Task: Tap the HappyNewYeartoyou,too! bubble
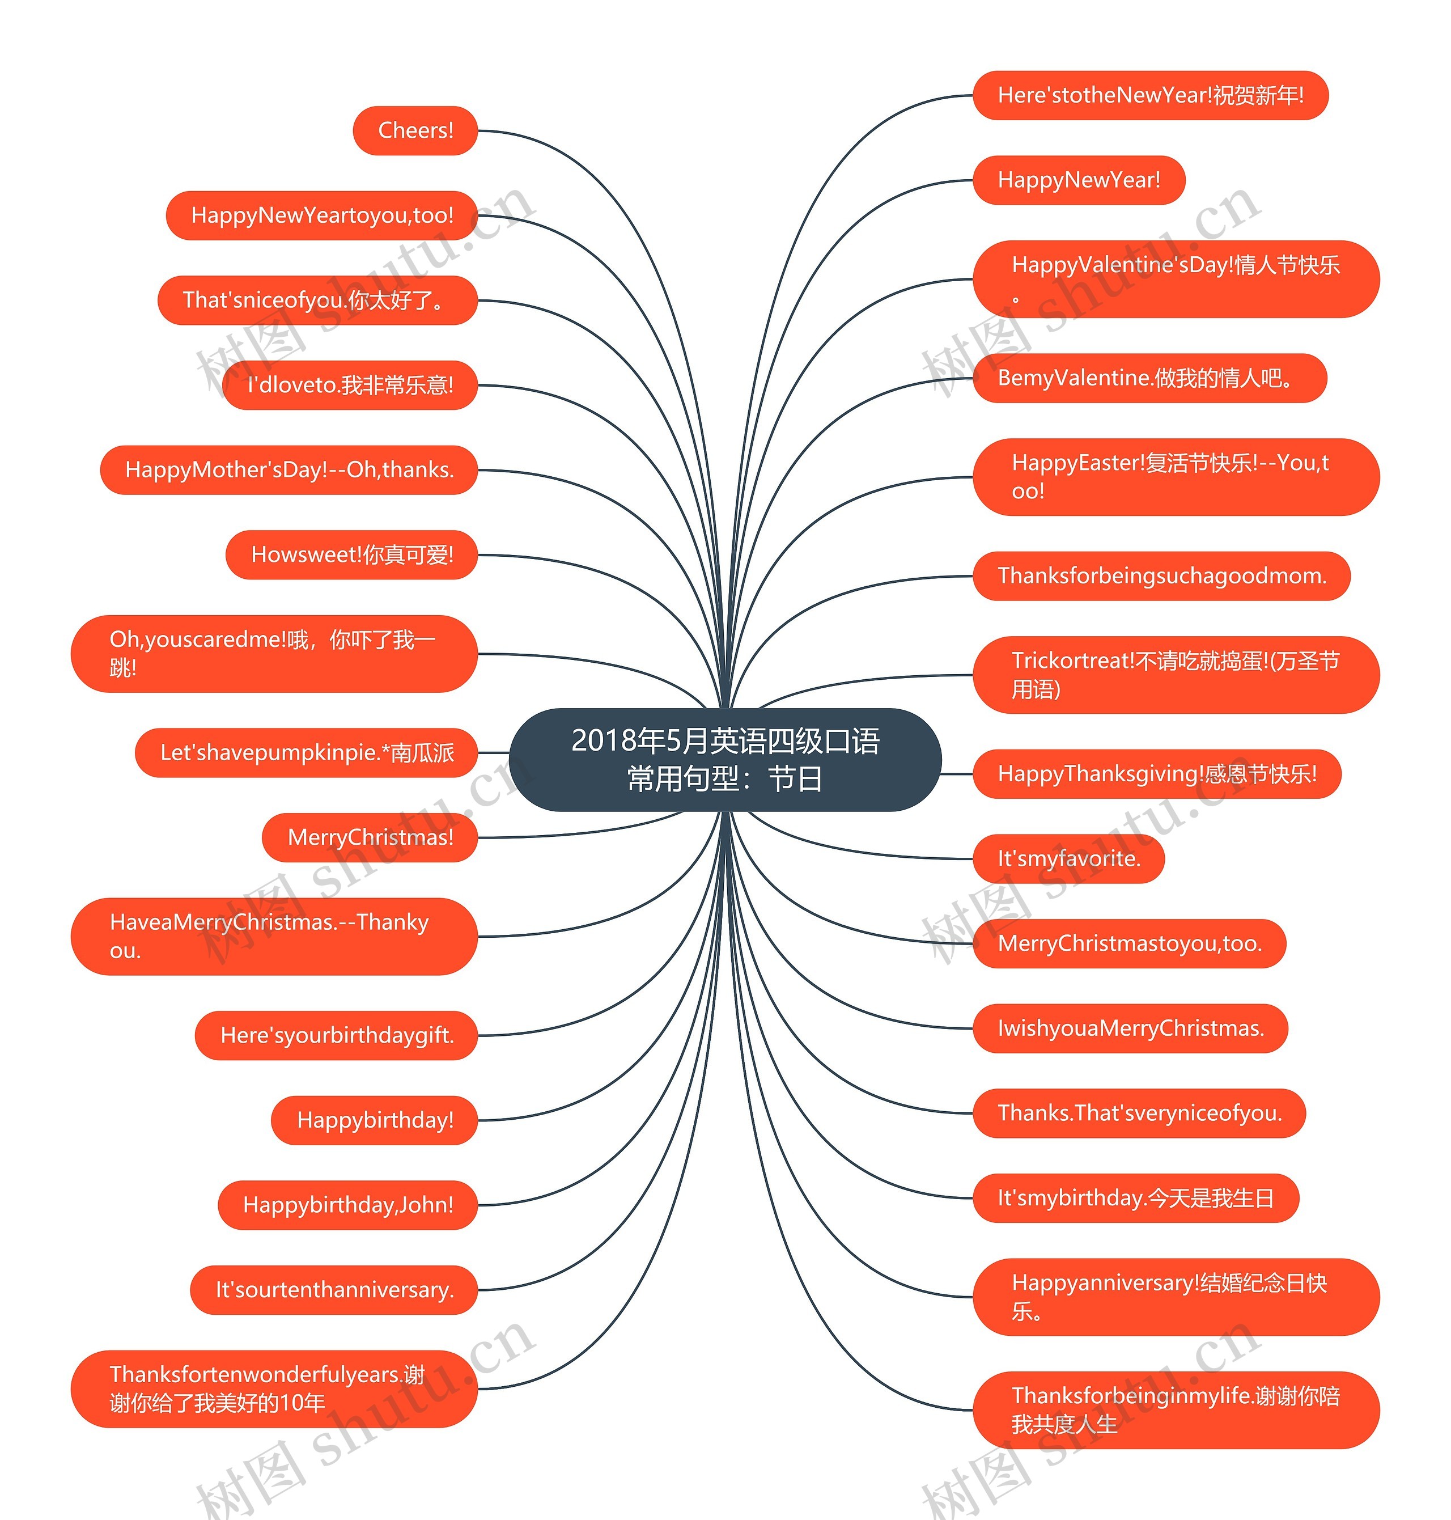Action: [322, 215]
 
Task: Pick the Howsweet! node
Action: [351, 554]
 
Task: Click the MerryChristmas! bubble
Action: [370, 837]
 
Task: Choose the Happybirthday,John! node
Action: [347, 1204]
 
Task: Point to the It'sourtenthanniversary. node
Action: [334, 1289]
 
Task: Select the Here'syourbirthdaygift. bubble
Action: [337, 1035]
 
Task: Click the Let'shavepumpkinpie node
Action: [306, 753]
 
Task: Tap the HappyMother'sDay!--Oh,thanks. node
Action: [288, 469]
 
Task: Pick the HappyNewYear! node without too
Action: [1079, 180]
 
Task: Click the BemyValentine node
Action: [1150, 378]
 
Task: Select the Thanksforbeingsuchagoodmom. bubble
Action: [1162, 575]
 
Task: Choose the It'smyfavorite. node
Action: [1069, 858]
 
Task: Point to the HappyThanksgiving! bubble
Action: [1157, 773]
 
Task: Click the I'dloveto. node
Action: [350, 384]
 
